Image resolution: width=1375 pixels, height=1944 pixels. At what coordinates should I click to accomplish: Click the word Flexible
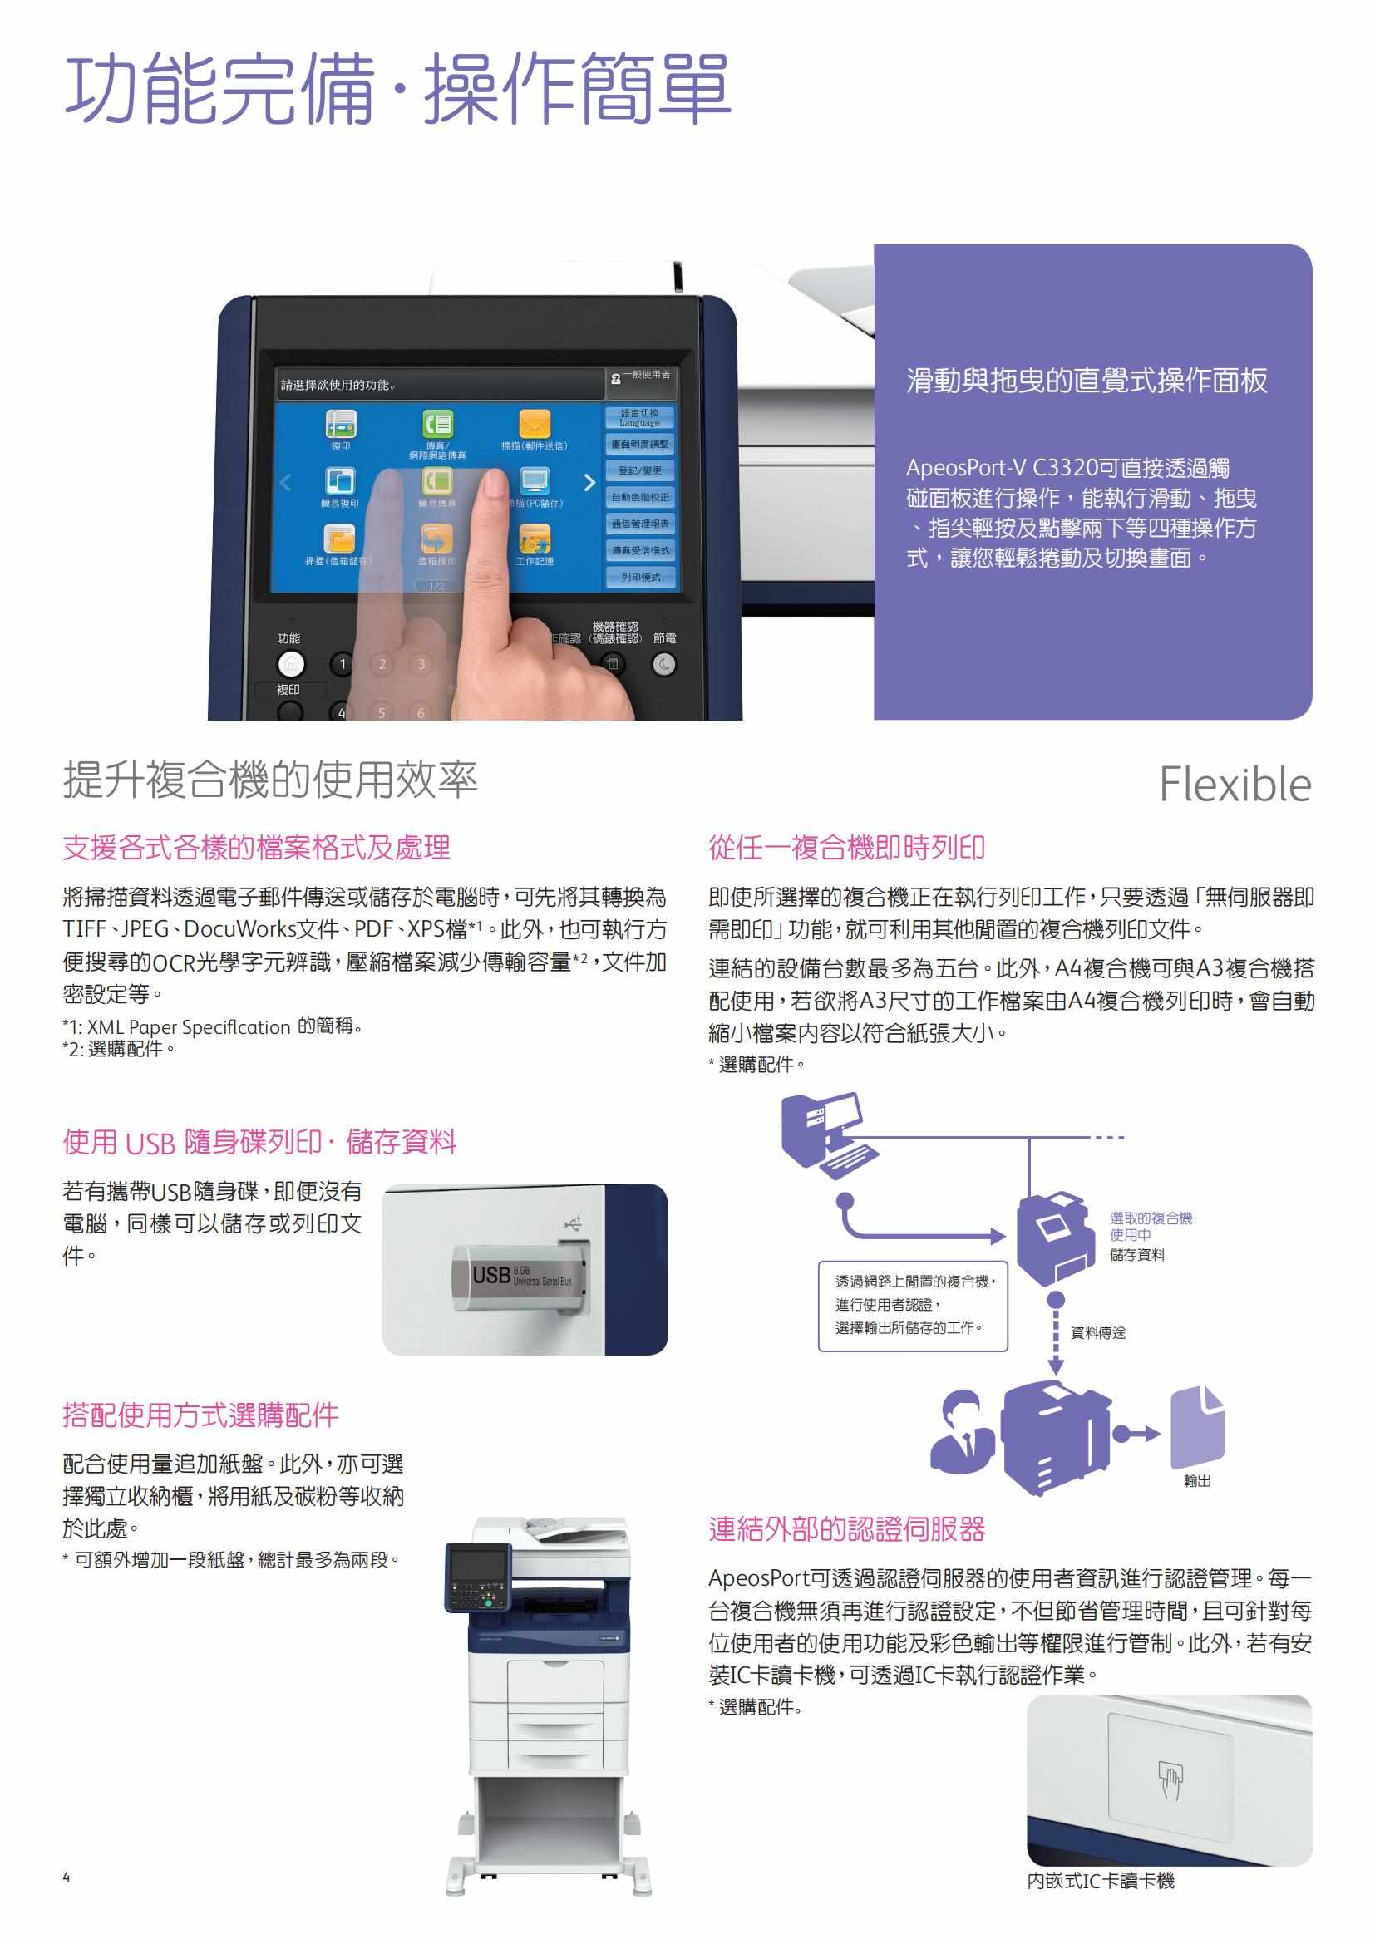click(x=1235, y=784)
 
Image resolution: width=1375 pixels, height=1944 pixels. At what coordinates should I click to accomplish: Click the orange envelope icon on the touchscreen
click(x=535, y=423)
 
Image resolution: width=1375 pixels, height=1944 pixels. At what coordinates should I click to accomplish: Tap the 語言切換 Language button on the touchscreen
click(x=639, y=417)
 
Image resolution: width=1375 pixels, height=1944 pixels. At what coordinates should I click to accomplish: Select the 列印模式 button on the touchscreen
click(x=640, y=577)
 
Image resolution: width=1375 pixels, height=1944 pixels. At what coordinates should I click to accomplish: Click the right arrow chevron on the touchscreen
click(x=589, y=483)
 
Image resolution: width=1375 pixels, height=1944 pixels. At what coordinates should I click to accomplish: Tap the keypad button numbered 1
click(x=343, y=665)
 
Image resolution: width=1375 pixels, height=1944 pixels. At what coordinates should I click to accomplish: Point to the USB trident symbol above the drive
click(x=574, y=1223)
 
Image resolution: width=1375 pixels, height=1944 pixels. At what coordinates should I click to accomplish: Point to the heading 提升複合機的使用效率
click(x=270, y=779)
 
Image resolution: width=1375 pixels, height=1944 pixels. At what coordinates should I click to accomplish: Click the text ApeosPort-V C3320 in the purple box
click(x=1002, y=468)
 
